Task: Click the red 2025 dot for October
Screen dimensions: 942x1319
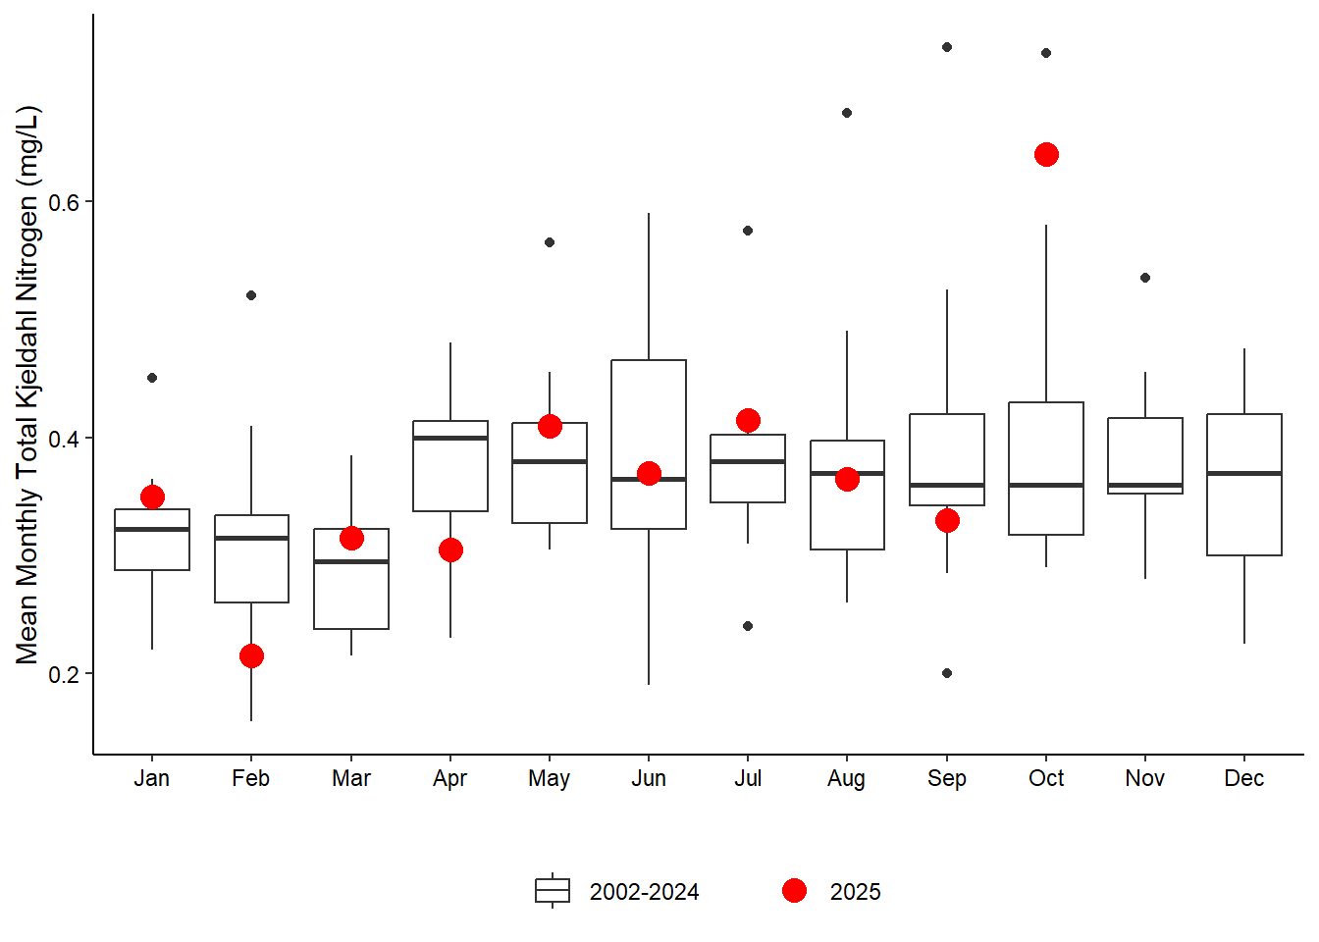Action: [x=1046, y=155]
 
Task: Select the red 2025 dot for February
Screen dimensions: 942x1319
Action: [x=251, y=655]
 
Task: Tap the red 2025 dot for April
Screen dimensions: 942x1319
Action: [x=450, y=549]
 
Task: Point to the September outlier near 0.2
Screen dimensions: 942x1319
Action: [x=947, y=673]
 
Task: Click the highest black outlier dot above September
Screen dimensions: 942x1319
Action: [x=947, y=47]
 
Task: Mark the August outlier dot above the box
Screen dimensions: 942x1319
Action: [x=847, y=113]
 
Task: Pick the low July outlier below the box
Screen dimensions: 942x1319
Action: [x=748, y=626]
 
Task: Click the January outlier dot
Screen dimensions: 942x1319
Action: [x=152, y=378]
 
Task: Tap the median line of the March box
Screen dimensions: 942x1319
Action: [x=351, y=561]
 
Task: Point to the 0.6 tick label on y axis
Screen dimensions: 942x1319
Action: [x=64, y=202]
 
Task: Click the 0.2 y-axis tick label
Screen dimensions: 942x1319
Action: [x=64, y=674]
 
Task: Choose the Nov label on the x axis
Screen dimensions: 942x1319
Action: [x=1145, y=778]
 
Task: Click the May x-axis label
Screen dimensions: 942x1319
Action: [x=549, y=778]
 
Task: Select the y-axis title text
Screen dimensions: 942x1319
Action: [x=27, y=385]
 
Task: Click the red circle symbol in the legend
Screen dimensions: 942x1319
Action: [x=794, y=891]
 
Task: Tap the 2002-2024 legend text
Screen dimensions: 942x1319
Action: [x=644, y=892]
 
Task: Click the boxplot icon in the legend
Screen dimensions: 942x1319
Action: [x=553, y=891]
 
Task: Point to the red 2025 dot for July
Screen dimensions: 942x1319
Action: [x=748, y=420]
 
